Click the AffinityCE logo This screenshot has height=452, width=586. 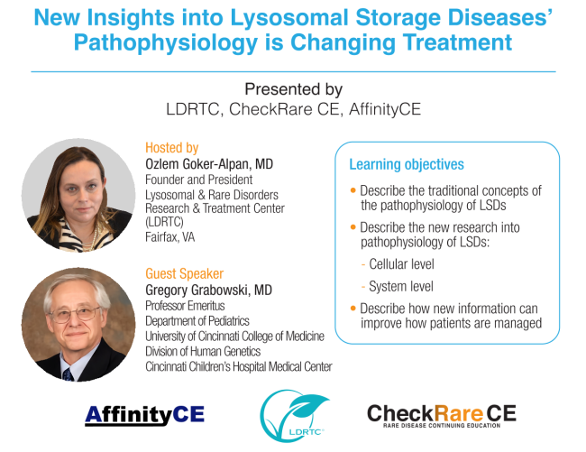(144, 415)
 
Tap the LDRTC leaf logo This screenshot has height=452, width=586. (294, 415)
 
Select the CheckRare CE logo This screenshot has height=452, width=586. (442, 416)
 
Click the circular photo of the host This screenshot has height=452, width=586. (78, 195)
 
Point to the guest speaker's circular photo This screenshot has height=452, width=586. (78, 325)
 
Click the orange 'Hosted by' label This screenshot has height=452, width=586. (171, 148)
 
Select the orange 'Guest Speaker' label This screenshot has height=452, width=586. (184, 273)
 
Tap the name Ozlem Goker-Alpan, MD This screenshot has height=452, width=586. (209, 164)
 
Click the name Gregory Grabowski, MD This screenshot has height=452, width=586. (208, 290)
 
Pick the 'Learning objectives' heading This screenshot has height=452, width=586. (407, 164)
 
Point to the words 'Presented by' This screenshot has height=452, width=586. (293, 89)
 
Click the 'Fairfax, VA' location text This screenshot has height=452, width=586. (170, 237)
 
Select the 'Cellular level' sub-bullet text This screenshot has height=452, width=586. (401, 264)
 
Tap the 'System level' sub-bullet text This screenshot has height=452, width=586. (401, 286)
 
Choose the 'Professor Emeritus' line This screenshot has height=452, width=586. (185, 306)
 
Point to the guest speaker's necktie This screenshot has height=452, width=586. (68, 374)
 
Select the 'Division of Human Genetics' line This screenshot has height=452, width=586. (203, 352)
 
